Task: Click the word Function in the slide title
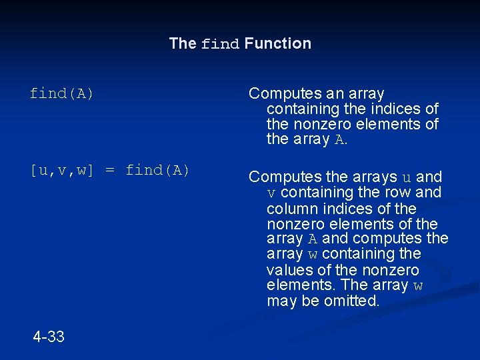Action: pyautogui.click(x=277, y=43)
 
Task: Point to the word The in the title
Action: pyautogui.click(x=183, y=43)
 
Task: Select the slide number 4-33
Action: pyautogui.click(x=49, y=337)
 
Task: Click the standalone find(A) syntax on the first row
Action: pyautogui.click(x=61, y=94)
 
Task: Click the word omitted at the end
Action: pyautogui.click(x=353, y=301)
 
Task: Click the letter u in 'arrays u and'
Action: pyautogui.click(x=407, y=177)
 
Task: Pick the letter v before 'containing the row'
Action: pyautogui.click(x=271, y=193)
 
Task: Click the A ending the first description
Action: pyautogui.click(x=339, y=140)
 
